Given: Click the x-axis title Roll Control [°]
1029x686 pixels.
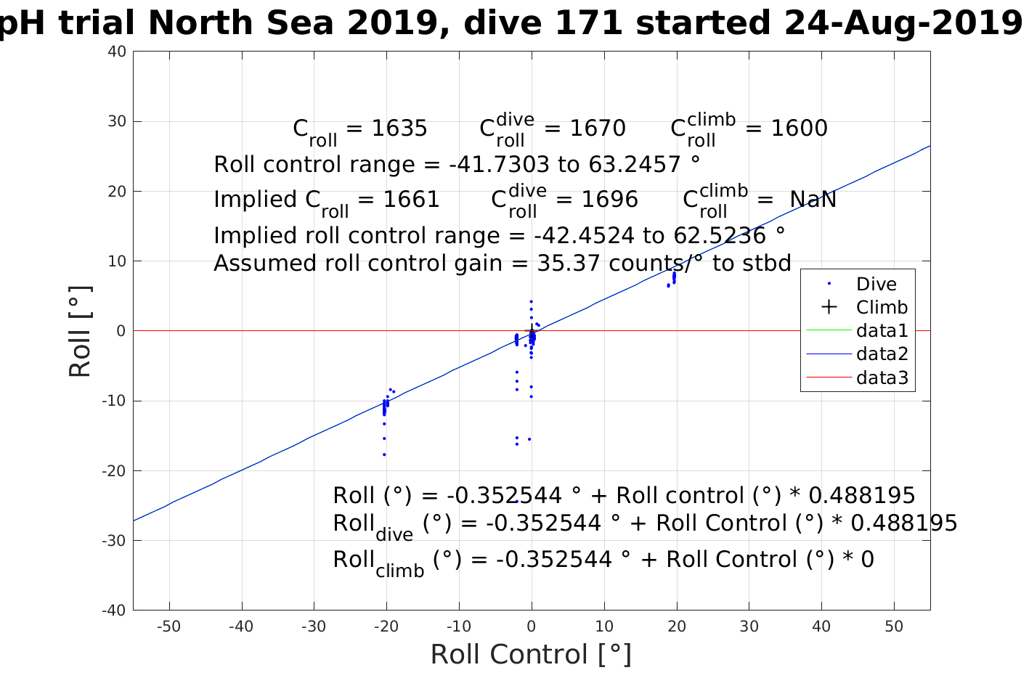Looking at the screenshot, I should click(531, 655).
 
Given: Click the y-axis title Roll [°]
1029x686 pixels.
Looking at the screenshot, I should click(80, 332).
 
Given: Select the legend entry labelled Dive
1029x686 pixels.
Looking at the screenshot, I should click(876, 284).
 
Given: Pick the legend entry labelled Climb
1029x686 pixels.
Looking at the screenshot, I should click(882, 307).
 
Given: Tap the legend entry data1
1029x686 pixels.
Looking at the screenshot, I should click(882, 331).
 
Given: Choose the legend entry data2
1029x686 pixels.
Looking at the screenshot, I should click(882, 354).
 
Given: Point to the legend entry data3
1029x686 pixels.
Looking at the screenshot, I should click(882, 377).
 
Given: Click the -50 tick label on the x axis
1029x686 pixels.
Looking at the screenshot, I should click(168, 626).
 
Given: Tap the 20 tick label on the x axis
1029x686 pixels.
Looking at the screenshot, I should click(677, 626).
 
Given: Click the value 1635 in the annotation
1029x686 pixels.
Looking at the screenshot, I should click(399, 128).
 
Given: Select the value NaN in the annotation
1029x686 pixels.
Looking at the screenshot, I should click(813, 200).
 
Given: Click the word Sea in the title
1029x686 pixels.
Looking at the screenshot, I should click(304, 23).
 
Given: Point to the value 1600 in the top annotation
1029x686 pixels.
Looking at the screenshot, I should click(799, 128).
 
